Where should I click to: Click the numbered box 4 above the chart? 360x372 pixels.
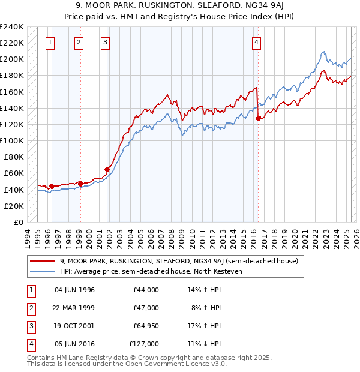pos(256,42)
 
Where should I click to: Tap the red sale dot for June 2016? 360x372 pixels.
pos(259,119)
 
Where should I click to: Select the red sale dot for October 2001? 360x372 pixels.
pos(107,169)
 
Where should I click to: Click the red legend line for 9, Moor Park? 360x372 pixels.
pos(43,261)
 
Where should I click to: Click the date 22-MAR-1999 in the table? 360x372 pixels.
pos(74,308)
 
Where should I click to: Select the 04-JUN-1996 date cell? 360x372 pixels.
pos(74,290)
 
